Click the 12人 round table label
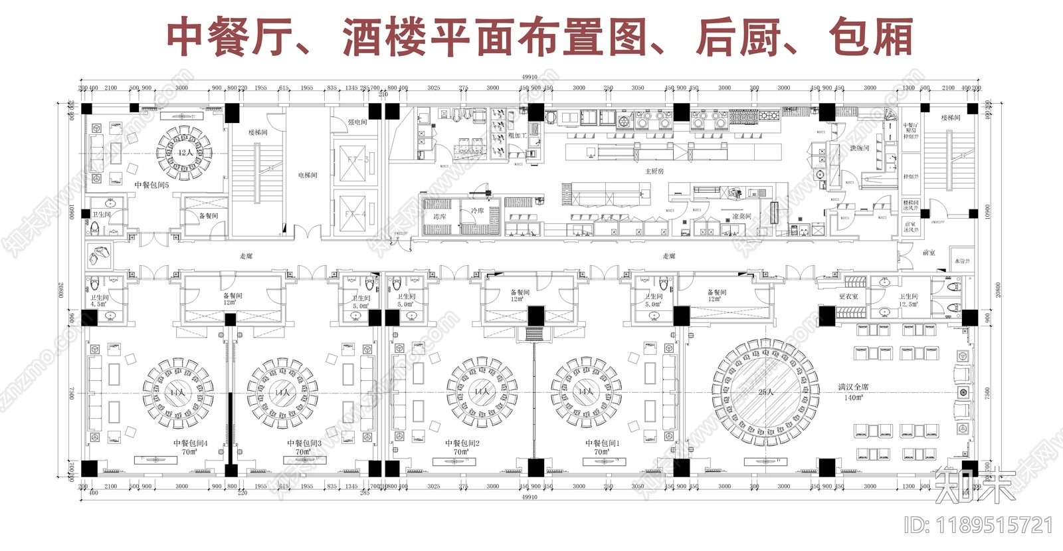click(x=185, y=152)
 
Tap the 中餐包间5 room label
click(x=151, y=185)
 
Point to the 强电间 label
click(x=357, y=122)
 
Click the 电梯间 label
click(x=308, y=175)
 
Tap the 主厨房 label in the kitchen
click(x=654, y=171)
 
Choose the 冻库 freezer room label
click(x=439, y=217)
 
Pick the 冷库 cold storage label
click(x=477, y=211)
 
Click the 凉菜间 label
click(x=741, y=216)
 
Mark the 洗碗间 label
click(x=859, y=148)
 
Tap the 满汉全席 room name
click(x=853, y=387)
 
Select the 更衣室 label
click(x=848, y=296)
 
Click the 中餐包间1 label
click(x=602, y=443)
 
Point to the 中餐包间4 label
click(x=190, y=443)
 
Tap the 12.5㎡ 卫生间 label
click(x=908, y=300)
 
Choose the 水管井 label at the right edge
click(x=962, y=261)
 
